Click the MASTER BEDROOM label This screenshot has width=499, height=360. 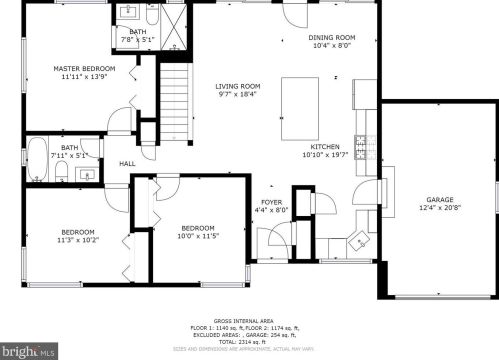click(x=84, y=68)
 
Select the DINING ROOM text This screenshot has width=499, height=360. click(x=332, y=37)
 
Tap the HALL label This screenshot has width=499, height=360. click(x=128, y=164)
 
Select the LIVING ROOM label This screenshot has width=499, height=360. click(x=236, y=86)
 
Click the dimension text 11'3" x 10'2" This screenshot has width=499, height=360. click(x=76, y=240)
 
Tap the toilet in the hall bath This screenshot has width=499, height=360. click(x=62, y=175)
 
